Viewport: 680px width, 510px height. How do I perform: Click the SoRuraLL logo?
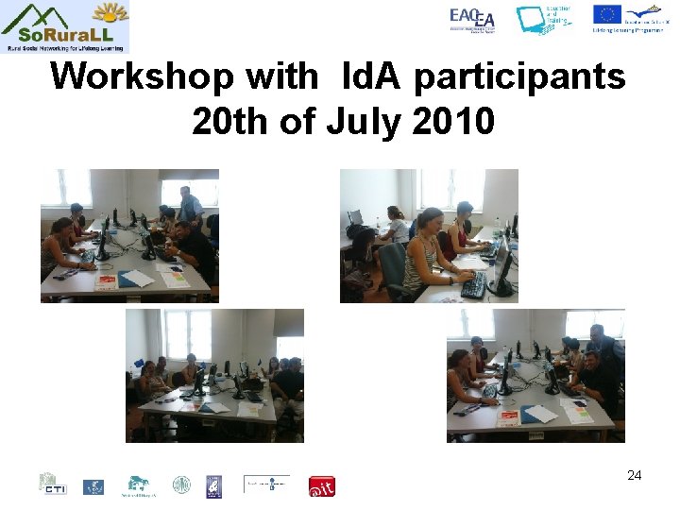pos(65,26)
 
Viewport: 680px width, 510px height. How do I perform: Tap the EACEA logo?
pos(471,20)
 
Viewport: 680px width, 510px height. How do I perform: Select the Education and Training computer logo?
pos(543,20)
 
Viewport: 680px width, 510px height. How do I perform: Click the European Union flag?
pos(606,14)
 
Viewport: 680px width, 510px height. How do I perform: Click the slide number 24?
pos(634,475)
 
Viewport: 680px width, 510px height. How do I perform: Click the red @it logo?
pos(322,485)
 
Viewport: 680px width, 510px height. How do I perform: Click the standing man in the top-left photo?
pos(188,207)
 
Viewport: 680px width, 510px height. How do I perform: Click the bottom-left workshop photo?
pos(215,376)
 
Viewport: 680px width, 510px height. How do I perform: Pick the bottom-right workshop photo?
pos(535,376)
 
